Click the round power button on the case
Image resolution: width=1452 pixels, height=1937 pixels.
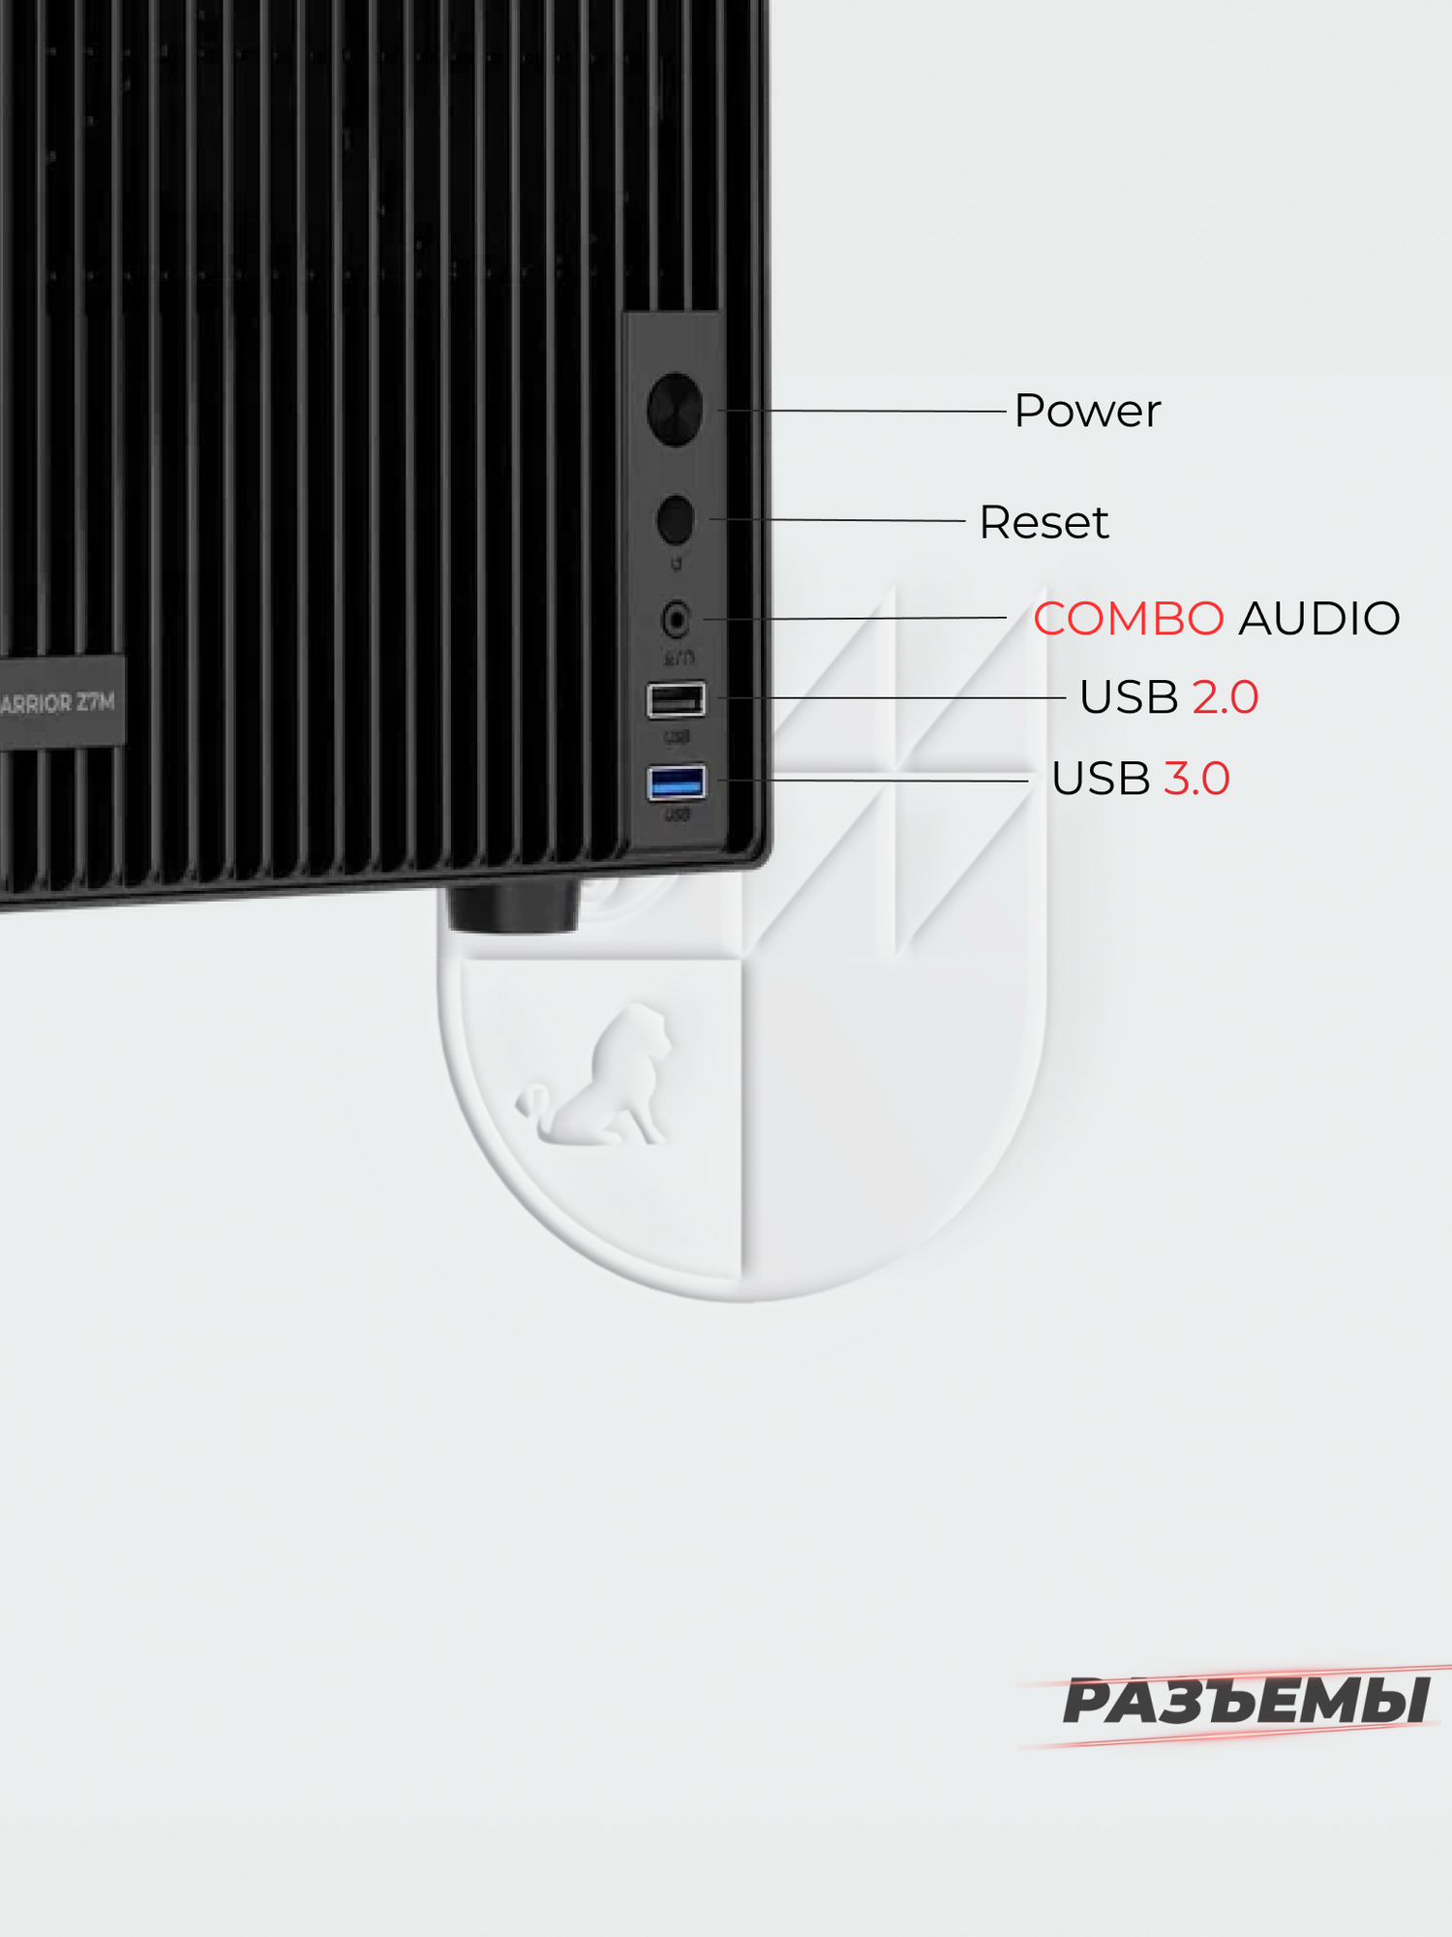click(x=675, y=410)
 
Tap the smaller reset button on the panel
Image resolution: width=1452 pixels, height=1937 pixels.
click(x=676, y=519)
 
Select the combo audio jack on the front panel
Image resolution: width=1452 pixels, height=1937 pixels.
click(x=676, y=618)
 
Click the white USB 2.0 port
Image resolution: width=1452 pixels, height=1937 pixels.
click(x=676, y=699)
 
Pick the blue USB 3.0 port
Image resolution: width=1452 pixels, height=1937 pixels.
click(x=677, y=782)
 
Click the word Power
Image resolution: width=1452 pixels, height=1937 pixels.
click(x=1086, y=412)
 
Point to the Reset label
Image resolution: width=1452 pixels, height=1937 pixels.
click(x=1043, y=523)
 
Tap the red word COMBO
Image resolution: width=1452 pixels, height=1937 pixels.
click(x=1128, y=619)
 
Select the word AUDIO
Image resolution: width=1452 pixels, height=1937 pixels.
click(x=1318, y=619)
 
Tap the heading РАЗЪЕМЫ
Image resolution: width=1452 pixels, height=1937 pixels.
click(x=1246, y=1703)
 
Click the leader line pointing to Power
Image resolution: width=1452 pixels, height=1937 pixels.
click(x=871, y=411)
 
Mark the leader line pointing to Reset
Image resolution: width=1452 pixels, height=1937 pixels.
click(x=842, y=520)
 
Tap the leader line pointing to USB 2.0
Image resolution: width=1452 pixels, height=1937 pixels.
click(x=891, y=697)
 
